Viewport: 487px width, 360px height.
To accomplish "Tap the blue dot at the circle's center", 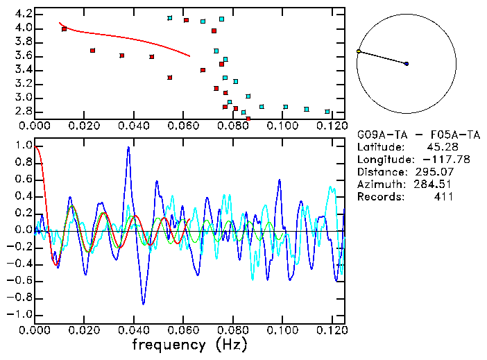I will pyautogui.click(x=407, y=64).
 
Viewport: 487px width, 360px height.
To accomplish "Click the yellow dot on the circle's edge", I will pyautogui.click(x=358, y=51).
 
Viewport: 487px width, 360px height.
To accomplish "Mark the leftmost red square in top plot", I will pyautogui.click(x=65, y=29).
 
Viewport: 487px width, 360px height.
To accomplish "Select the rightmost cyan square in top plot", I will pyautogui.click(x=327, y=111).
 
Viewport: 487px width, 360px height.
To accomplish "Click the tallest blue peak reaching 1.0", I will pyautogui.click(x=128, y=147).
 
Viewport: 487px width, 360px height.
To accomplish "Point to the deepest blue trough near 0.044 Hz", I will pyautogui.click(x=144, y=303).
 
